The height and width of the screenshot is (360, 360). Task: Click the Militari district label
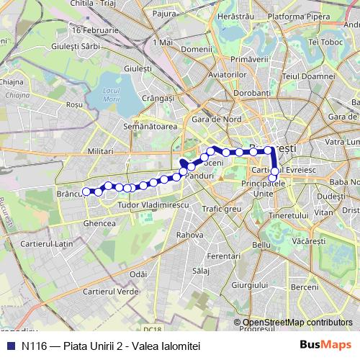(100, 152)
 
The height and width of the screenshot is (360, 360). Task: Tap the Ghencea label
(100, 223)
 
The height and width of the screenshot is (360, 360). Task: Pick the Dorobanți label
(251, 92)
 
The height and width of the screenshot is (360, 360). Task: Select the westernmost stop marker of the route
(86, 191)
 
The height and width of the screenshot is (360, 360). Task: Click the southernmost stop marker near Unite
(273, 178)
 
